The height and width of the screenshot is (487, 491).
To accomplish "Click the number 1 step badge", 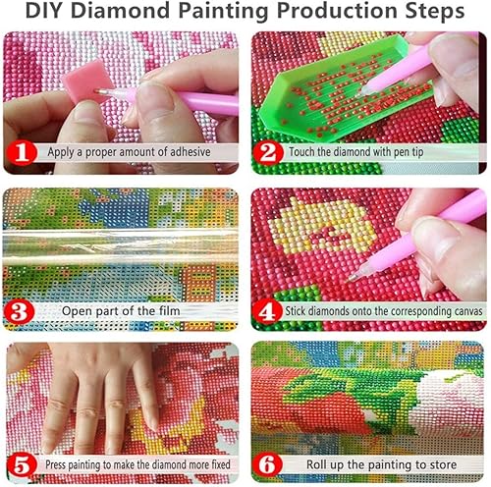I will pyautogui.click(x=21, y=152).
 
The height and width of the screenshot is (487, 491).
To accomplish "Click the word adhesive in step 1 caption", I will pyautogui.click(x=194, y=153).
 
